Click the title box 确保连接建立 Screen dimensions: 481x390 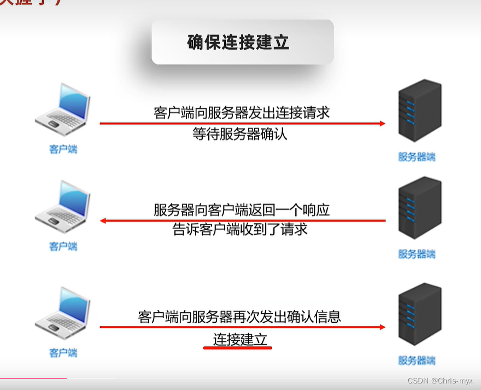(242, 42)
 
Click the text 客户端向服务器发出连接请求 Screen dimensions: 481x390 (242, 113)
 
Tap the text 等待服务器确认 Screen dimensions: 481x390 (239, 134)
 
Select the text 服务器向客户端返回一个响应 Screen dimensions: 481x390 (242, 209)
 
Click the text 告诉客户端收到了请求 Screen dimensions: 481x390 (240, 229)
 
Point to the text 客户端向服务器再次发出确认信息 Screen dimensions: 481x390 (240, 316)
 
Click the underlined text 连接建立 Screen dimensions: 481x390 (240, 340)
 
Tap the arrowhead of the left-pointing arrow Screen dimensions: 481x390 (103, 221)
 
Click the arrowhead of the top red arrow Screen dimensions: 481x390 (382, 124)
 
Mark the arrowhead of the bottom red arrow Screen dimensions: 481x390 (382, 327)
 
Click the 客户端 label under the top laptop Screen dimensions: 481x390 (63, 149)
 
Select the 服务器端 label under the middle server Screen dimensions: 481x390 (417, 254)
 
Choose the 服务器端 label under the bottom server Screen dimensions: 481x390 (417, 360)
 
